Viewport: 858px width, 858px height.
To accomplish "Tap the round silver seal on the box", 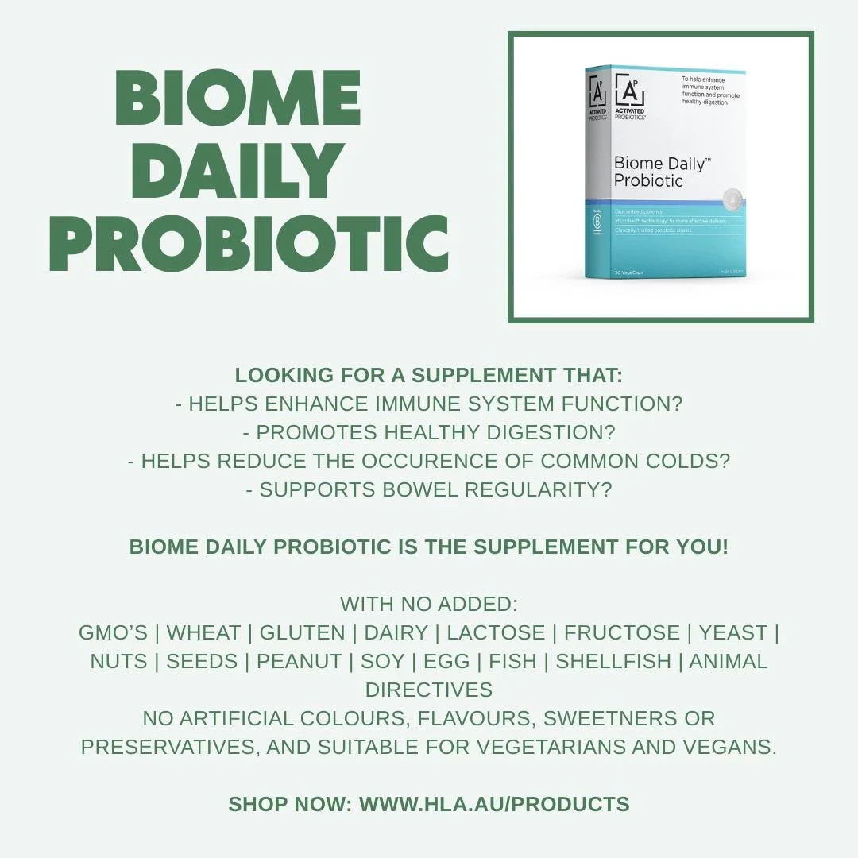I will [733, 199].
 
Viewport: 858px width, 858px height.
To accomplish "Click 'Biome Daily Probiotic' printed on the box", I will [661, 172].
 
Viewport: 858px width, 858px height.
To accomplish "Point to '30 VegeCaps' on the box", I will [628, 272].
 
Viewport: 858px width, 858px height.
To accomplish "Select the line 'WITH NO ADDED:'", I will [429, 605].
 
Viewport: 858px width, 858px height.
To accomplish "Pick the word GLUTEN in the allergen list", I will [302, 633].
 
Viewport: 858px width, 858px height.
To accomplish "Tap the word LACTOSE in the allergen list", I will [496, 633].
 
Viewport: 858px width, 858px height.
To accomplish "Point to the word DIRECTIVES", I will [429, 690].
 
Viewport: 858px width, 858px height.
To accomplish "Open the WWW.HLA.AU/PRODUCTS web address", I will [494, 804].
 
